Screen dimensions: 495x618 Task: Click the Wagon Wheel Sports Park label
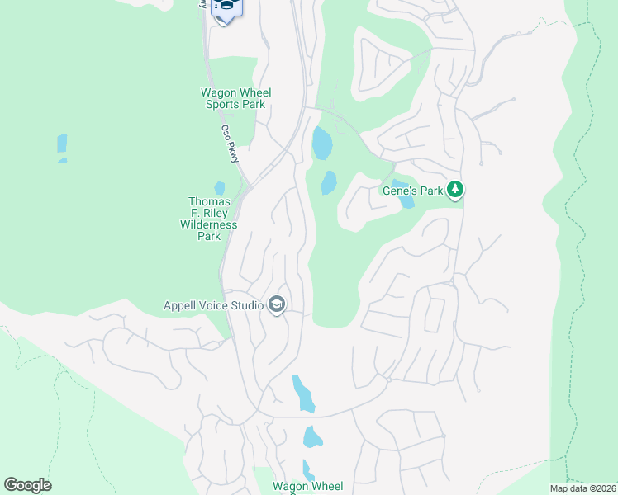(x=236, y=98)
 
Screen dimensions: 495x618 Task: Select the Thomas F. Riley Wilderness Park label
(x=208, y=219)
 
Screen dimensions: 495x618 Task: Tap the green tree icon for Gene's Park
(x=454, y=190)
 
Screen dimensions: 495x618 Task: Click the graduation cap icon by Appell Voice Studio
(x=276, y=306)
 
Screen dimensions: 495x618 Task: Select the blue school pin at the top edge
(x=226, y=8)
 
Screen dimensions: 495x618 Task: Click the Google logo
(x=27, y=485)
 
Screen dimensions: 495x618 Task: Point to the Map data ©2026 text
(x=582, y=488)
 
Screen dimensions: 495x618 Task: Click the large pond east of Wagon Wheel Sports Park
(x=321, y=144)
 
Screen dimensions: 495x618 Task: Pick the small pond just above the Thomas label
(x=219, y=188)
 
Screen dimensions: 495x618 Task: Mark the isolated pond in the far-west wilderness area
(x=62, y=145)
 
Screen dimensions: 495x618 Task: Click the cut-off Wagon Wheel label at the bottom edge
(x=307, y=487)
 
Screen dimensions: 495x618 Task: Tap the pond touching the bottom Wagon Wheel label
(x=307, y=469)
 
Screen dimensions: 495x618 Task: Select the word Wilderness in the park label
(x=208, y=224)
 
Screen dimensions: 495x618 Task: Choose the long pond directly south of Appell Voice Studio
(x=303, y=393)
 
